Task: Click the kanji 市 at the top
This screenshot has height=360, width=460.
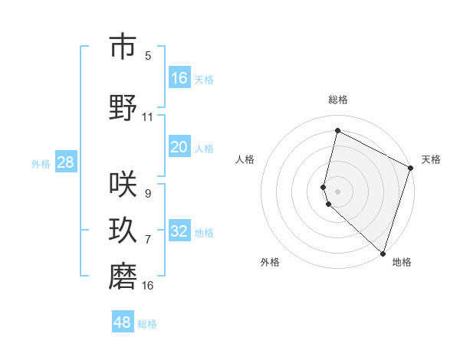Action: pyautogui.click(x=123, y=47)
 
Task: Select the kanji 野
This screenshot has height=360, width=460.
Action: pyautogui.click(x=123, y=108)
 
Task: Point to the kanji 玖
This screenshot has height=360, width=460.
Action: pyautogui.click(x=123, y=231)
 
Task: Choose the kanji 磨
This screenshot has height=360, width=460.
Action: pyautogui.click(x=123, y=277)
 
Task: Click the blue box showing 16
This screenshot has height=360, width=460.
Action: pyautogui.click(x=179, y=78)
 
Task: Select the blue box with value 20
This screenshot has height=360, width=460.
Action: pyautogui.click(x=179, y=147)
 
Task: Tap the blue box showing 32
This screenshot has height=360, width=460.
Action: pyautogui.click(x=179, y=231)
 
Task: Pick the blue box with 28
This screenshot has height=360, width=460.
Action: pyautogui.click(x=65, y=162)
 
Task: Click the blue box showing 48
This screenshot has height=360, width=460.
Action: pyautogui.click(x=123, y=322)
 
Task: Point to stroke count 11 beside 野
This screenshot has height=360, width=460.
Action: pyautogui.click(x=148, y=117)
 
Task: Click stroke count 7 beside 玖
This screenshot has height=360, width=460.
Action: pyautogui.click(x=148, y=240)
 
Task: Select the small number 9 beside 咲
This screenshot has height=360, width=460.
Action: pyautogui.click(x=148, y=194)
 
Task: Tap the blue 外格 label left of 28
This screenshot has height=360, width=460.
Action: pyautogui.click(x=41, y=163)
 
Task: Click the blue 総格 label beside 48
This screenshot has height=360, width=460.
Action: pyautogui.click(x=147, y=324)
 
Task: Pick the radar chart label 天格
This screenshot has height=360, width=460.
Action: pyautogui.click(x=431, y=159)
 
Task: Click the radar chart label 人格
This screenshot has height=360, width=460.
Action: pyautogui.click(x=245, y=159)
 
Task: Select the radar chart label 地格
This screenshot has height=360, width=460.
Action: pyautogui.click(x=402, y=263)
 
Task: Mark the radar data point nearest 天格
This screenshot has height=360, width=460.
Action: pyautogui.click(x=411, y=169)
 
